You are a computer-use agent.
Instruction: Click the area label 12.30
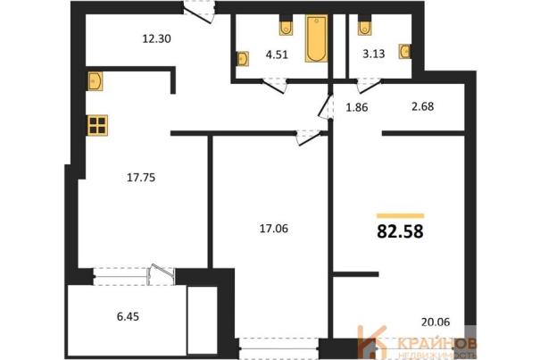(x=157, y=38)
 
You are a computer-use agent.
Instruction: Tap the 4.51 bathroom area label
(x=277, y=54)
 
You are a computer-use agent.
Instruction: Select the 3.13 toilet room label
(x=374, y=54)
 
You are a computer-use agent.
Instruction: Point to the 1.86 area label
(x=357, y=107)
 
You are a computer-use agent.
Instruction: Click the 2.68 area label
(x=422, y=106)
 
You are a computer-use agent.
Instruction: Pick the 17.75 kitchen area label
(x=141, y=178)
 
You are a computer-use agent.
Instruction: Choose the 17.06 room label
(x=274, y=229)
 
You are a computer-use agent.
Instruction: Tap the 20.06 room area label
(x=436, y=322)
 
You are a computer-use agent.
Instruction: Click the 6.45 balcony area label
(x=129, y=316)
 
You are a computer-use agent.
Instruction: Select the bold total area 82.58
(x=400, y=231)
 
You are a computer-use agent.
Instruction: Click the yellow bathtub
(x=316, y=38)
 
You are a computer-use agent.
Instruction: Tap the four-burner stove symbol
(x=97, y=125)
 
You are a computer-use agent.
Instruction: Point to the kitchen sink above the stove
(x=95, y=81)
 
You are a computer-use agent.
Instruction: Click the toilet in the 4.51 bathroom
(x=286, y=28)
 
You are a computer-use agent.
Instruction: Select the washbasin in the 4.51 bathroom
(x=243, y=59)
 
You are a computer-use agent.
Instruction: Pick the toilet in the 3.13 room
(x=364, y=28)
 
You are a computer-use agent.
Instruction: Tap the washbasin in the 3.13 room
(x=405, y=52)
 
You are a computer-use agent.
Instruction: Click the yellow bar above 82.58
(x=401, y=216)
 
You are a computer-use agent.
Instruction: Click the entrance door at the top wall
(x=199, y=13)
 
